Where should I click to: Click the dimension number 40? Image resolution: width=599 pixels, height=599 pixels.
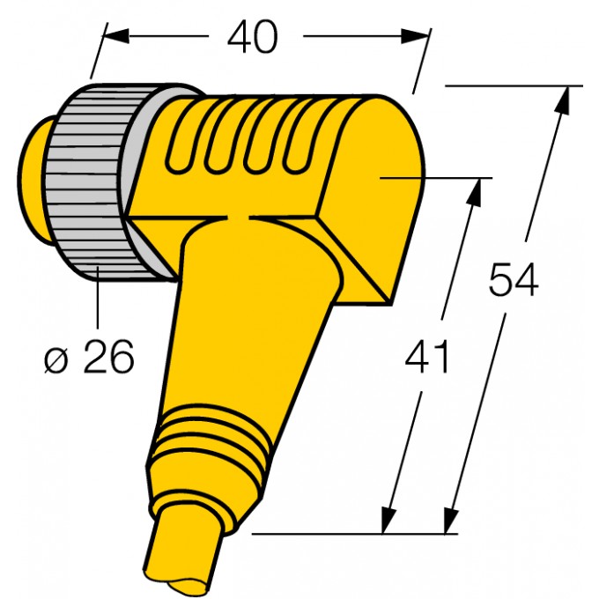click(252, 37)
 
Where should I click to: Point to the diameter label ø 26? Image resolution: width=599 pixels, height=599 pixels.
click(89, 358)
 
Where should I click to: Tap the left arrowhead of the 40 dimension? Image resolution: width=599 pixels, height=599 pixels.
click(114, 35)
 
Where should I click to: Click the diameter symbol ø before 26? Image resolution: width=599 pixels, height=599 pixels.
click(55, 359)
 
